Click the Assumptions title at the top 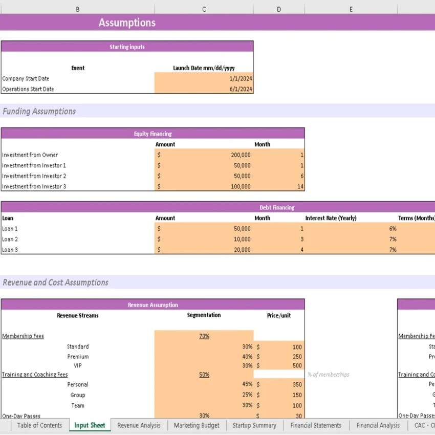click(127, 23)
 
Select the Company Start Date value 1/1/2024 click(240, 78)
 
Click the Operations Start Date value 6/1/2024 click(240, 89)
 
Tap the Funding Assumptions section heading click(39, 111)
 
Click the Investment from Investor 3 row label click(34, 186)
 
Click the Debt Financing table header click(277, 207)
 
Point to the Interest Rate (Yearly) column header click(331, 218)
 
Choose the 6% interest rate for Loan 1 click(393, 229)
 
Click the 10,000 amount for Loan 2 click(242, 240)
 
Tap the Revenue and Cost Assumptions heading click(55, 282)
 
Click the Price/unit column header click(278, 315)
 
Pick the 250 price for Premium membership click(297, 357)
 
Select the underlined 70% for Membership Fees click(204, 336)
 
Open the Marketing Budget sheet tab click(196, 425)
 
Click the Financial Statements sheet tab click(315, 425)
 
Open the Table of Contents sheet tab click(39, 425)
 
